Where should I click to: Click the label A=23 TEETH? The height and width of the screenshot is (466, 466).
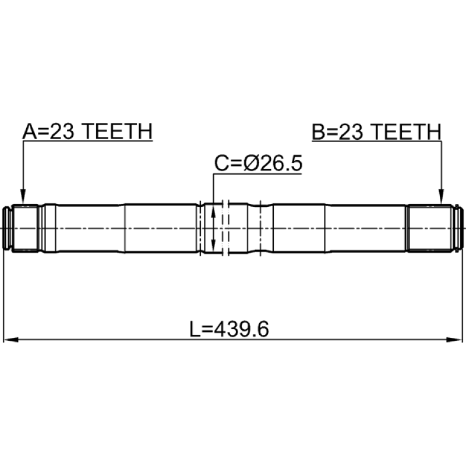(87, 132)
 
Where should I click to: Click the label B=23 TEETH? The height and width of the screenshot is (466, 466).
(376, 132)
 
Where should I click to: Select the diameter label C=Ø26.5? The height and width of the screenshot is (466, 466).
(258, 163)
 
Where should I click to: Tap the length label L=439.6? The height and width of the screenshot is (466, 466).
(229, 329)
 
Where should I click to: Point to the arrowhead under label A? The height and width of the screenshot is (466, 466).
(23, 197)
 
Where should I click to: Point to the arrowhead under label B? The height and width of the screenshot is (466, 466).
(442, 197)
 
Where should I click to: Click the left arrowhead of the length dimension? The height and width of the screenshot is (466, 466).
(10, 340)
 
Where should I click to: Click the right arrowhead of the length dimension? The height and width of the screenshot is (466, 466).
(455, 340)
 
